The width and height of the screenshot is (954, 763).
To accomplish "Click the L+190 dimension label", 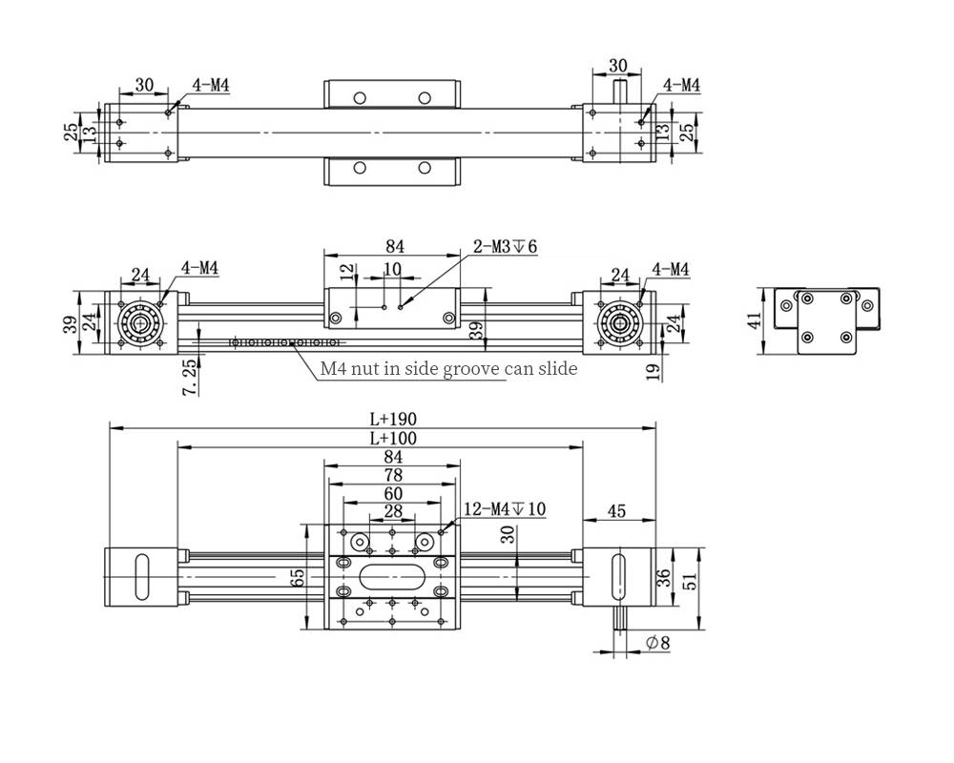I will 392,419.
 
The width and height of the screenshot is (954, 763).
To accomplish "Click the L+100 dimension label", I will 392,439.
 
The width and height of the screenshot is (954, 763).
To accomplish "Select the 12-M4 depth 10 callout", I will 504,509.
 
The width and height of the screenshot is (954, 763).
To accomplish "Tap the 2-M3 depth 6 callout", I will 506,247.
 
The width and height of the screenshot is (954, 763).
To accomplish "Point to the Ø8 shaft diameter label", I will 657,644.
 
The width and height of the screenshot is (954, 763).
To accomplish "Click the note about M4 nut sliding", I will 448,368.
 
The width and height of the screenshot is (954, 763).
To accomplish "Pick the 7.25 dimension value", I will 190,377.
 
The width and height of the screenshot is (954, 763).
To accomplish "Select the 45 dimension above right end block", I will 616,512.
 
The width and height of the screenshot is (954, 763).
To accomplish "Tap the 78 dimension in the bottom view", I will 392,475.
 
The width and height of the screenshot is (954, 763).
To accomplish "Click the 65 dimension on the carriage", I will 298,577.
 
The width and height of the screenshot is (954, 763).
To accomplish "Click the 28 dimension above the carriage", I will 392,512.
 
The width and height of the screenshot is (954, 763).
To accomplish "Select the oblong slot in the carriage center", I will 392,576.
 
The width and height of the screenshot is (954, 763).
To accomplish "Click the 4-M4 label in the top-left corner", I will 211,85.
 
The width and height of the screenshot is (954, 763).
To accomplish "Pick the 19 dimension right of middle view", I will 653,372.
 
